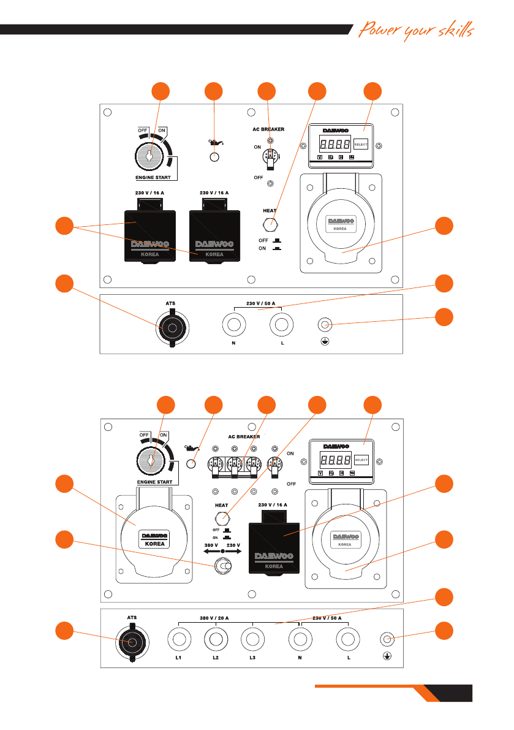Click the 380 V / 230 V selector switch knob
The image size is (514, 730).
(x=222, y=568)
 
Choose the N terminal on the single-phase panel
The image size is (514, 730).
(x=233, y=325)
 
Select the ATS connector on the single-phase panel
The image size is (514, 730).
(x=172, y=329)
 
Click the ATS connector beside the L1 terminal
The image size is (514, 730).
(x=132, y=642)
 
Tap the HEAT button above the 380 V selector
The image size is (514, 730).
(x=222, y=516)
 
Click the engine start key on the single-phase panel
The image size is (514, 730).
(x=149, y=156)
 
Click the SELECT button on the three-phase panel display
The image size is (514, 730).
(x=361, y=459)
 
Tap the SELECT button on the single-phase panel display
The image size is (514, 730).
(x=361, y=145)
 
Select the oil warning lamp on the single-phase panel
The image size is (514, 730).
(x=214, y=157)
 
